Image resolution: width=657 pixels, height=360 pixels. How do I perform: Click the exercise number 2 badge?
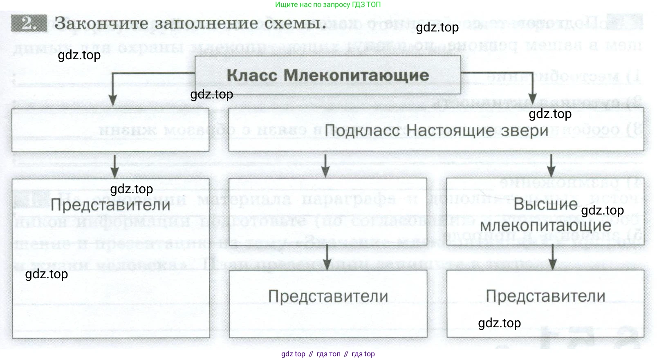[x=29, y=23]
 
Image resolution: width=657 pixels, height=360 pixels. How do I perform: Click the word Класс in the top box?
[x=252, y=76]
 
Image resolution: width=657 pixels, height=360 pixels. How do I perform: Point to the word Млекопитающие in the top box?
[x=356, y=76]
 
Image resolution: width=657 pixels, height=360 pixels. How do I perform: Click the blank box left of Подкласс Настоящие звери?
[x=110, y=130]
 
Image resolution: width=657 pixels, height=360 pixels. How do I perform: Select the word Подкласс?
[x=362, y=131]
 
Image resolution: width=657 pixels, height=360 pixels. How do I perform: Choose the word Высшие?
[x=545, y=204]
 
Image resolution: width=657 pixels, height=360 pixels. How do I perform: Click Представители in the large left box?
[x=110, y=205]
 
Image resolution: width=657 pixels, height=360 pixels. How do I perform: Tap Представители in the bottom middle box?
[x=328, y=296]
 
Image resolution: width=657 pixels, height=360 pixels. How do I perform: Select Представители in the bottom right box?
[x=545, y=296]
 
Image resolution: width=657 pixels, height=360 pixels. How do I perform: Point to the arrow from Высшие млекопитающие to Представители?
[x=553, y=257]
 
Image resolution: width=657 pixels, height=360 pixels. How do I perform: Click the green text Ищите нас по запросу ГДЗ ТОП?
[x=328, y=4]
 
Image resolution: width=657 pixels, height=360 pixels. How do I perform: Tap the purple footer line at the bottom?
[x=328, y=354]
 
